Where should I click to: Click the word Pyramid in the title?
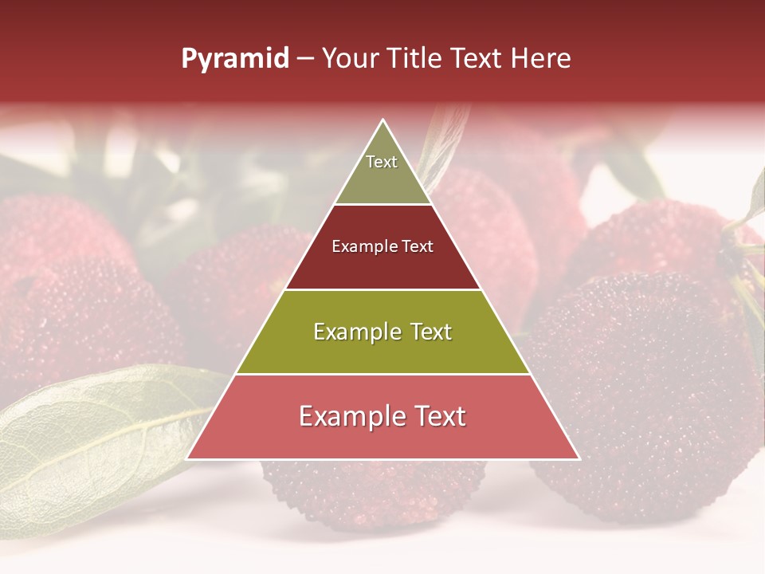234,59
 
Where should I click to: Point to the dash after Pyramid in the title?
304,59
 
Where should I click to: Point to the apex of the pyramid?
383,121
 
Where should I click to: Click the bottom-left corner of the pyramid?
188,458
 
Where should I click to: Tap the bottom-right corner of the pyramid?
579,458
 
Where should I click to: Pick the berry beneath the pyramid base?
375,494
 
